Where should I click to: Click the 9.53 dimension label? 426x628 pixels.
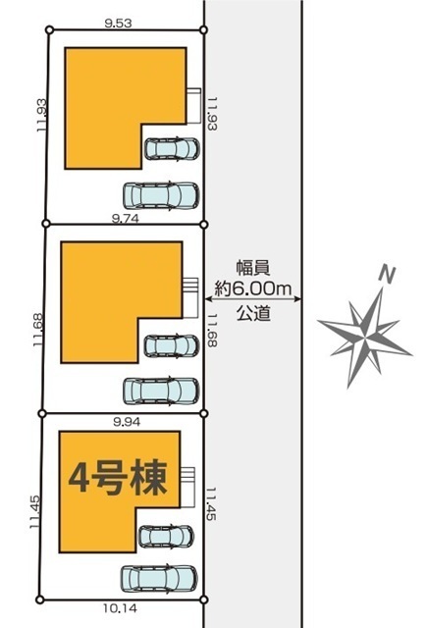(118, 24)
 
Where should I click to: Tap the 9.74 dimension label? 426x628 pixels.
(126, 218)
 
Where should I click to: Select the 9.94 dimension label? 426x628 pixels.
(127, 422)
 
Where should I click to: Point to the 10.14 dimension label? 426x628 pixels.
(120, 608)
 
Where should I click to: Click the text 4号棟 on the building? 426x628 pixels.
(118, 479)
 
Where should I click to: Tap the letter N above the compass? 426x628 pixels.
(387, 275)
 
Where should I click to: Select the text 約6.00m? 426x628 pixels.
(253, 288)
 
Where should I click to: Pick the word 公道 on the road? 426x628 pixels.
(253, 313)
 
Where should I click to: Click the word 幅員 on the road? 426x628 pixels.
(253, 268)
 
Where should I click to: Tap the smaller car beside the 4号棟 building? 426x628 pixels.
(166, 537)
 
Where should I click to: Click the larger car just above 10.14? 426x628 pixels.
(159, 578)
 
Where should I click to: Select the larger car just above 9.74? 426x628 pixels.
(161, 196)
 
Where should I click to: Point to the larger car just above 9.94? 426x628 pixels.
(161, 391)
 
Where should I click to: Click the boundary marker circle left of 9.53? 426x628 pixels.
(50, 29)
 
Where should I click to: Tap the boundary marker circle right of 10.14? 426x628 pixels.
(203, 600)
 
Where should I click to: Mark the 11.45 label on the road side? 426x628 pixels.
(211, 503)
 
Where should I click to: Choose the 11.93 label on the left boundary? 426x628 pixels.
(41, 116)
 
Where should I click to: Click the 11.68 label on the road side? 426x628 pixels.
(212, 331)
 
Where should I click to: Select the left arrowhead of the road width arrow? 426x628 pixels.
(209, 298)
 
